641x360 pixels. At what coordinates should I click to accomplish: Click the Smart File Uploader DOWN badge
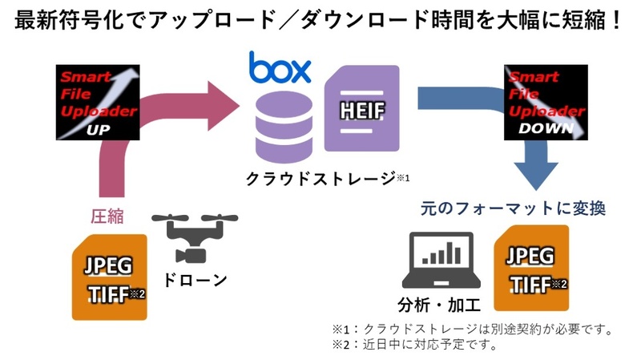coord(544,103)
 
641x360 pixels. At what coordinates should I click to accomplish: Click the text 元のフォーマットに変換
coord(513,208)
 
